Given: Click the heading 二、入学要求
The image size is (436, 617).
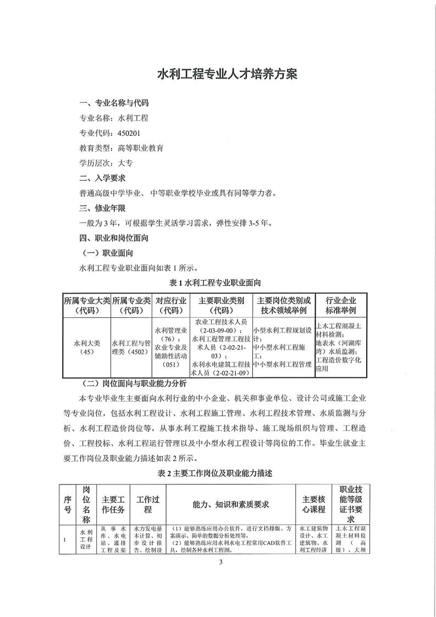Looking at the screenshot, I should [x=103, y=178].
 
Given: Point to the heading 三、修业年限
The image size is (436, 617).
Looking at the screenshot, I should [x=103, y=208].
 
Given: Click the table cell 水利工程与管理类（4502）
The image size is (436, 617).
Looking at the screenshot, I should [x=131, y=346].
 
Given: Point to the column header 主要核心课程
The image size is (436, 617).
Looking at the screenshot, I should [x=314, y=504].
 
